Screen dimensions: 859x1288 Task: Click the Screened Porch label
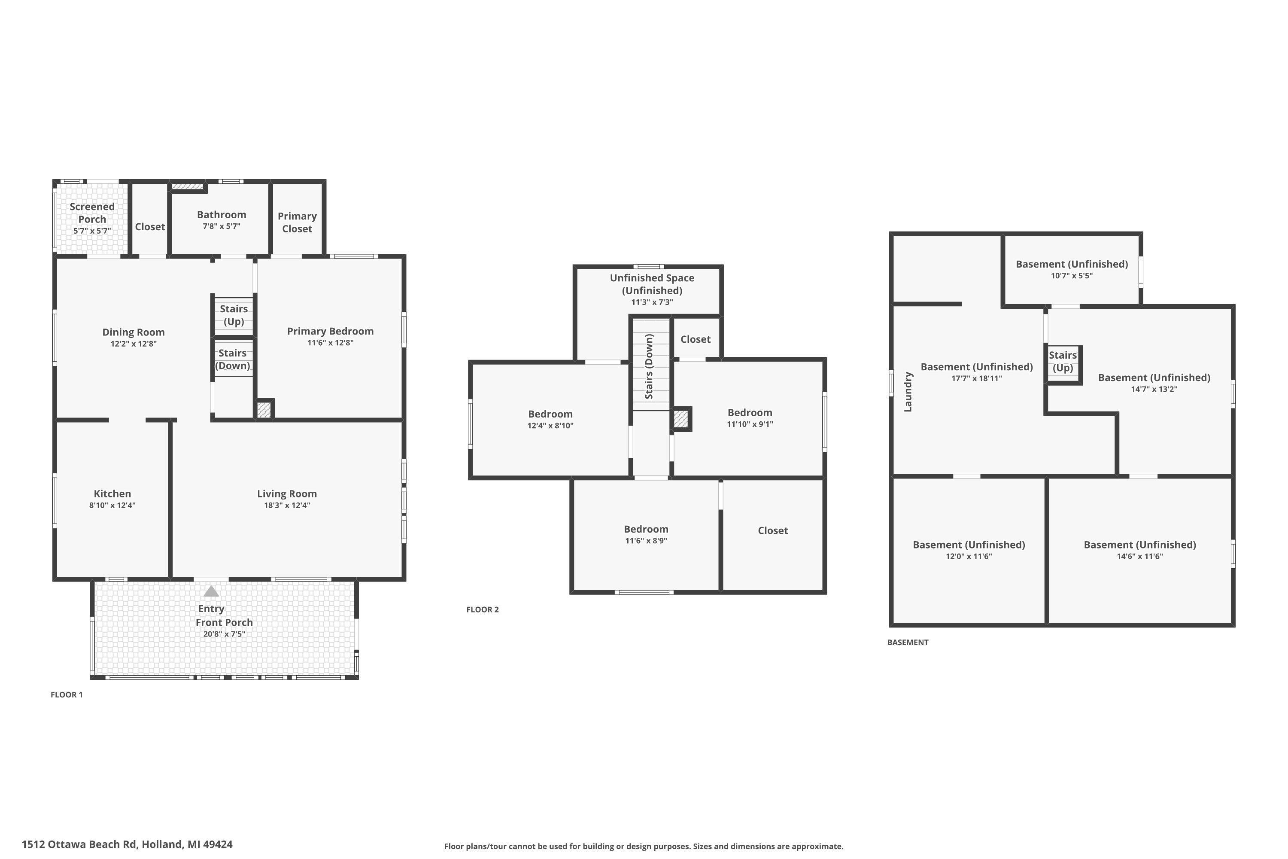pyautogui.click(x=92, y=213)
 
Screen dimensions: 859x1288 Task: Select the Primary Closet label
pyautogui.click(x=297, y=222)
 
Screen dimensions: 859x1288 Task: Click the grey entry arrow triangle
pyautogui.click(x=211, y=592)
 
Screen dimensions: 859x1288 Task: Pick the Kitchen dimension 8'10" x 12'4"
pyautogui.click(x=112, y=505)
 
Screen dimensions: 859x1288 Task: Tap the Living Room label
pyautogui.click(x=287, y=493)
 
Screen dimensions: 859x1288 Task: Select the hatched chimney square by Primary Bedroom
pyautogui.click(x=264, y=410)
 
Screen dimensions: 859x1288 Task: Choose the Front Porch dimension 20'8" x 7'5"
pyautogui.click(x=224, y=634)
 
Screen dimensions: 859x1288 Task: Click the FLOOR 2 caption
pyautogui.click(x=483, y=609)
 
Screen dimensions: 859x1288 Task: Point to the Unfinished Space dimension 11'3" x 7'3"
pyautogui.click(x=652, y=302)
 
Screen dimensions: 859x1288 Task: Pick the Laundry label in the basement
pyautogui.click(x=908, y=392)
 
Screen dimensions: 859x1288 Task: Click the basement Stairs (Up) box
pyautogui.click(x=1063, y=362)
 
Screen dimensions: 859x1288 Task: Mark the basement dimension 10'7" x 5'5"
pyautogui.click(x=1071, y=276)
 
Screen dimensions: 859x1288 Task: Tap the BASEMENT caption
pyautogui.click(x=908, y=642)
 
